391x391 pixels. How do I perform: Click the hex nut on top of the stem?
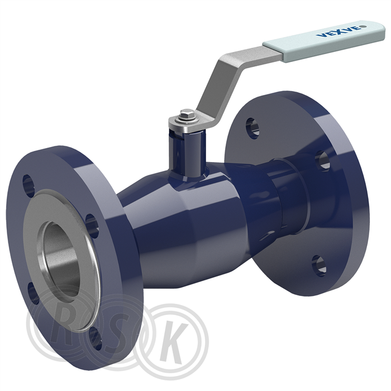[187, 115]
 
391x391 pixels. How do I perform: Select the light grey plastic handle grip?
[323, 41]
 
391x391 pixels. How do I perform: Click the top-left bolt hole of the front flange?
[28, 185]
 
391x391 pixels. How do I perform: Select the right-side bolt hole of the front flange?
[92, 226]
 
